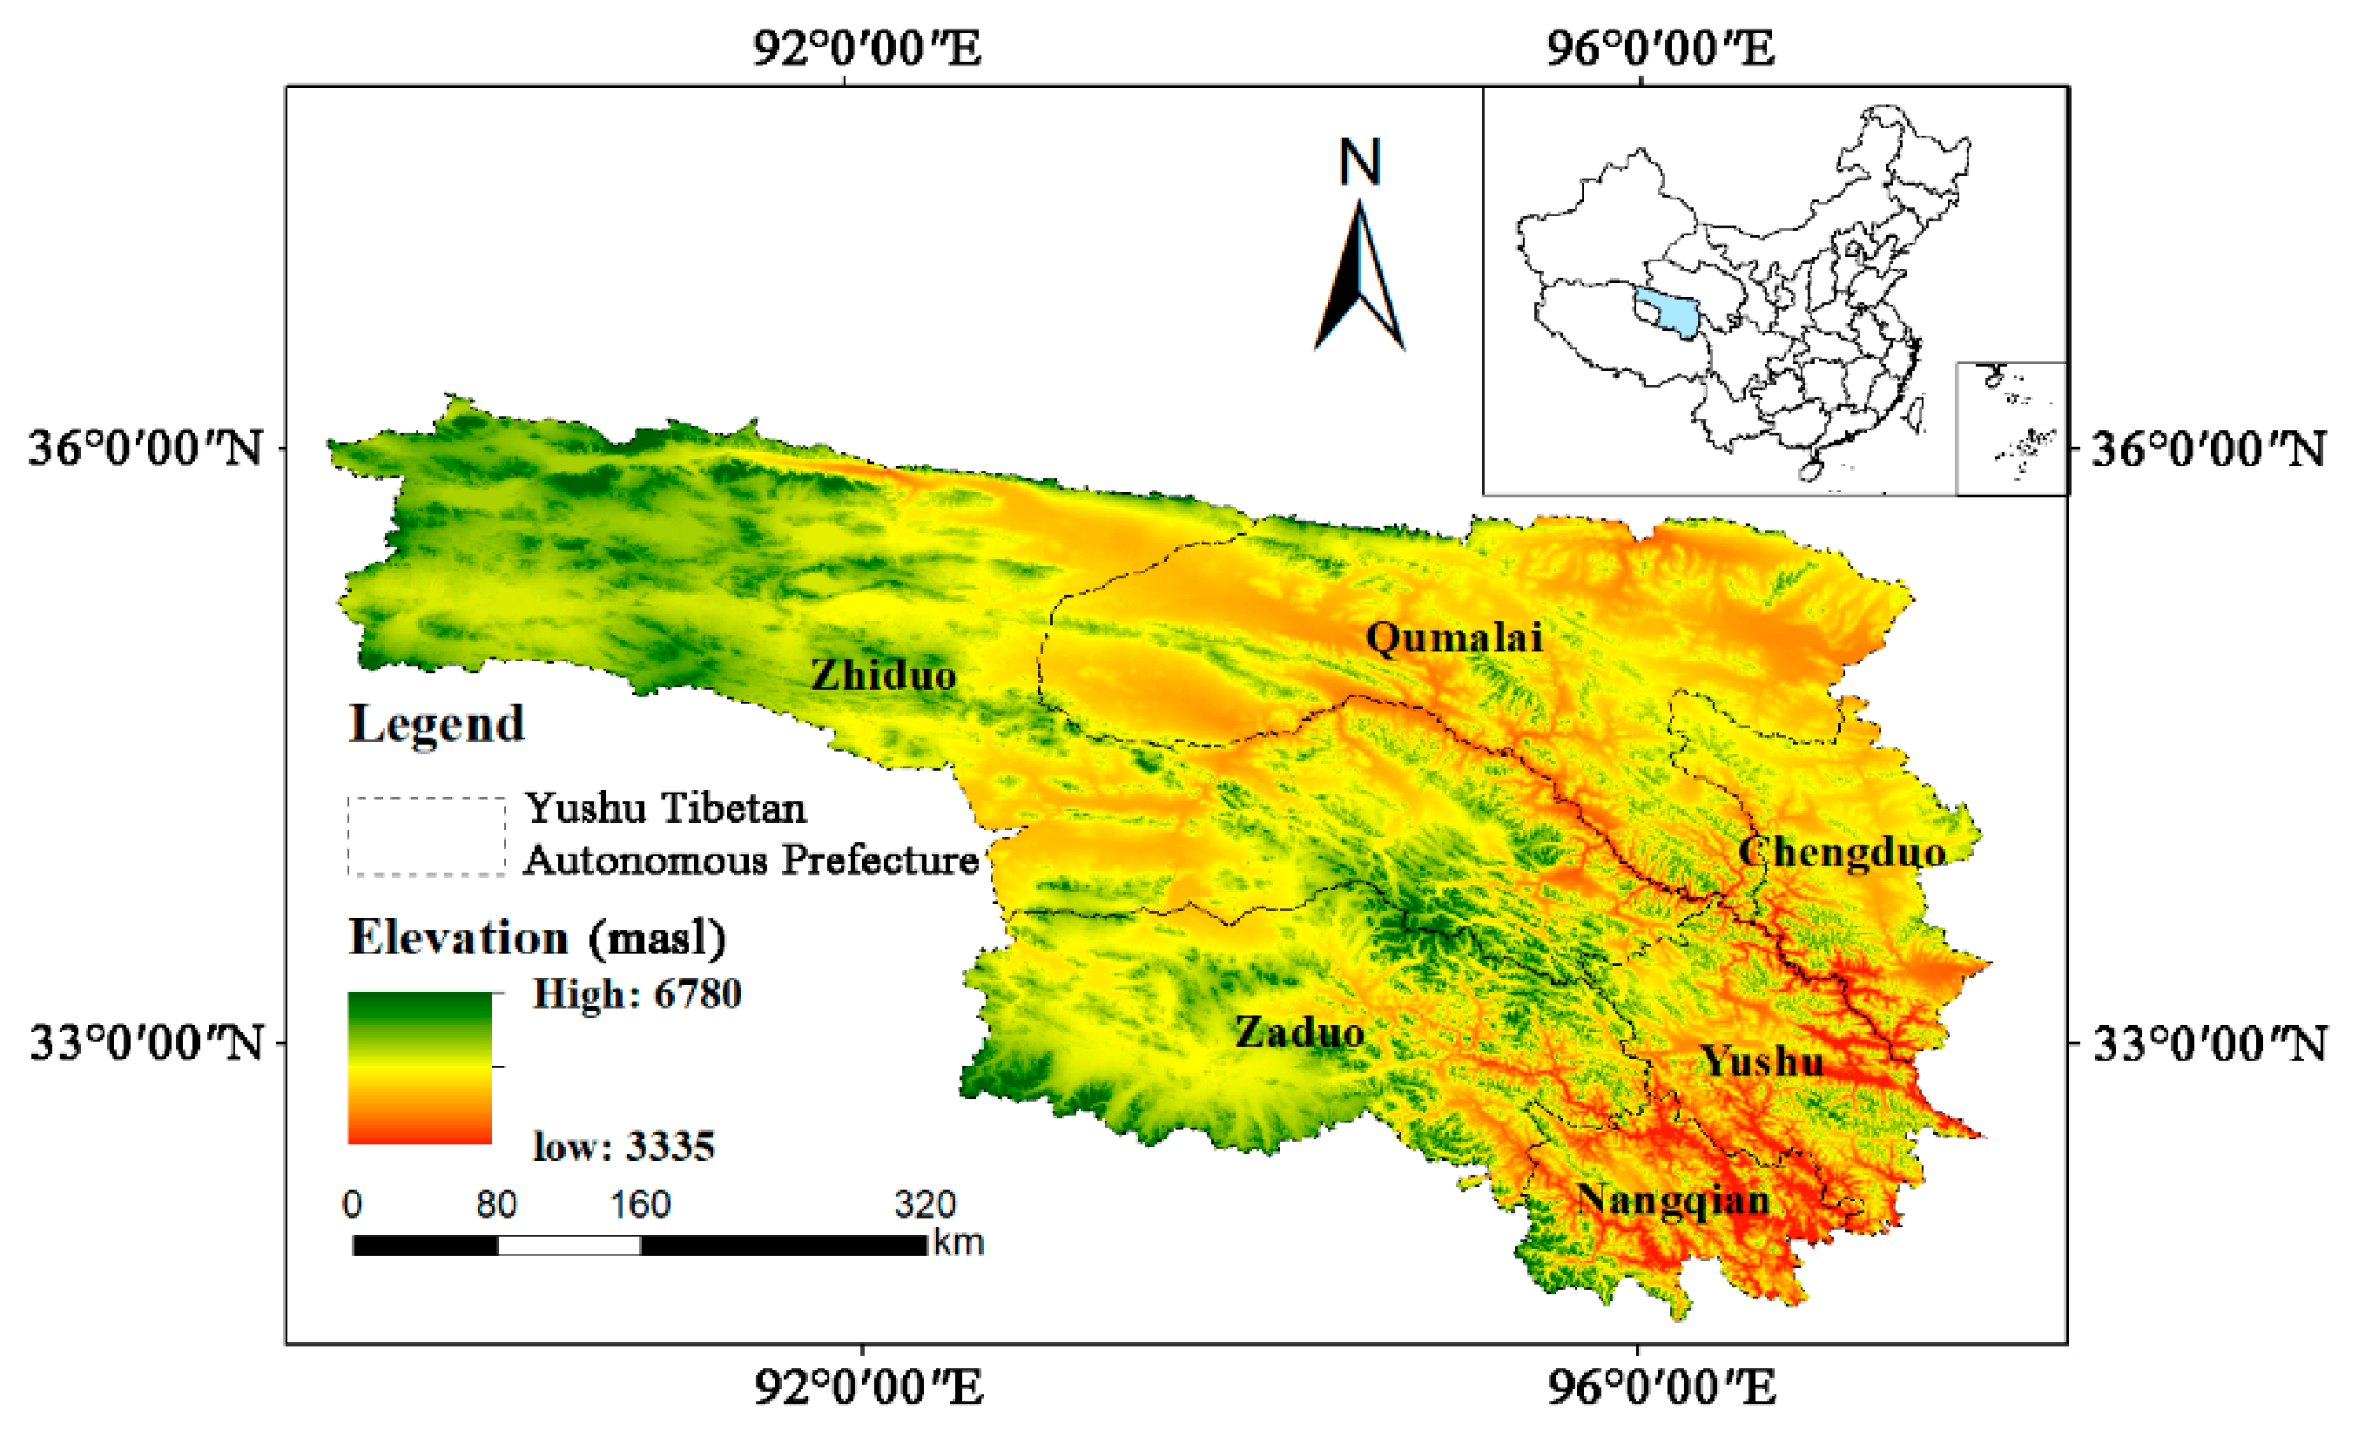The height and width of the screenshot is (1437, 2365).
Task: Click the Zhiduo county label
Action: click(x=883, y=676)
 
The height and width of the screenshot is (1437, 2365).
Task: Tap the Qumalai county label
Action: click(x=1453, y=638)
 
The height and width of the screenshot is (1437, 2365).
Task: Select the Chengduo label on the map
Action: click(x=1842, y=853)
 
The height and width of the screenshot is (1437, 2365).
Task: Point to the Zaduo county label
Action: click(x=1298, y=1033)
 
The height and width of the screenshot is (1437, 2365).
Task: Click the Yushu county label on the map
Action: click(x=1762, y=1061)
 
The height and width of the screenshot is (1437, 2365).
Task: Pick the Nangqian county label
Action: click(x=1673, y=1200)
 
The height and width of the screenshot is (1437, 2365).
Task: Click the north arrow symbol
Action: click(x=1360, y=279)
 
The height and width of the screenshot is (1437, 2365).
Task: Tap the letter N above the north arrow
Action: click(x=1360, y=162)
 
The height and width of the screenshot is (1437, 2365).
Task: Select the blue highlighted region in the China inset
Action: click(x=1668, y=313)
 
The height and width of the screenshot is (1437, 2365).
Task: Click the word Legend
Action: click(x=437, y=724)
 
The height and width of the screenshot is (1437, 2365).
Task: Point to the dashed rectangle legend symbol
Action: click(x=426, y=836)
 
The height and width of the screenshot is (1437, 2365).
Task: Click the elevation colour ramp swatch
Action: click(x=420, y=1068)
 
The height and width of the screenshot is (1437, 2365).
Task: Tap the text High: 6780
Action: click(x=637, y=994)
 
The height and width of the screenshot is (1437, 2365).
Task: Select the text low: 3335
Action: click(x=623, y=1146)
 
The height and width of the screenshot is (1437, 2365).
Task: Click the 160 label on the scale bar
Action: click(x=640, y=1204)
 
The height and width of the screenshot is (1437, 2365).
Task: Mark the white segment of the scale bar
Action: click(x=569, y=1245)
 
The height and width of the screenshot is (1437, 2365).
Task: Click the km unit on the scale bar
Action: click(x=958, y=1243)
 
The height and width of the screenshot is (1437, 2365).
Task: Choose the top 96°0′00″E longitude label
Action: click(x=1660, y=48)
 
